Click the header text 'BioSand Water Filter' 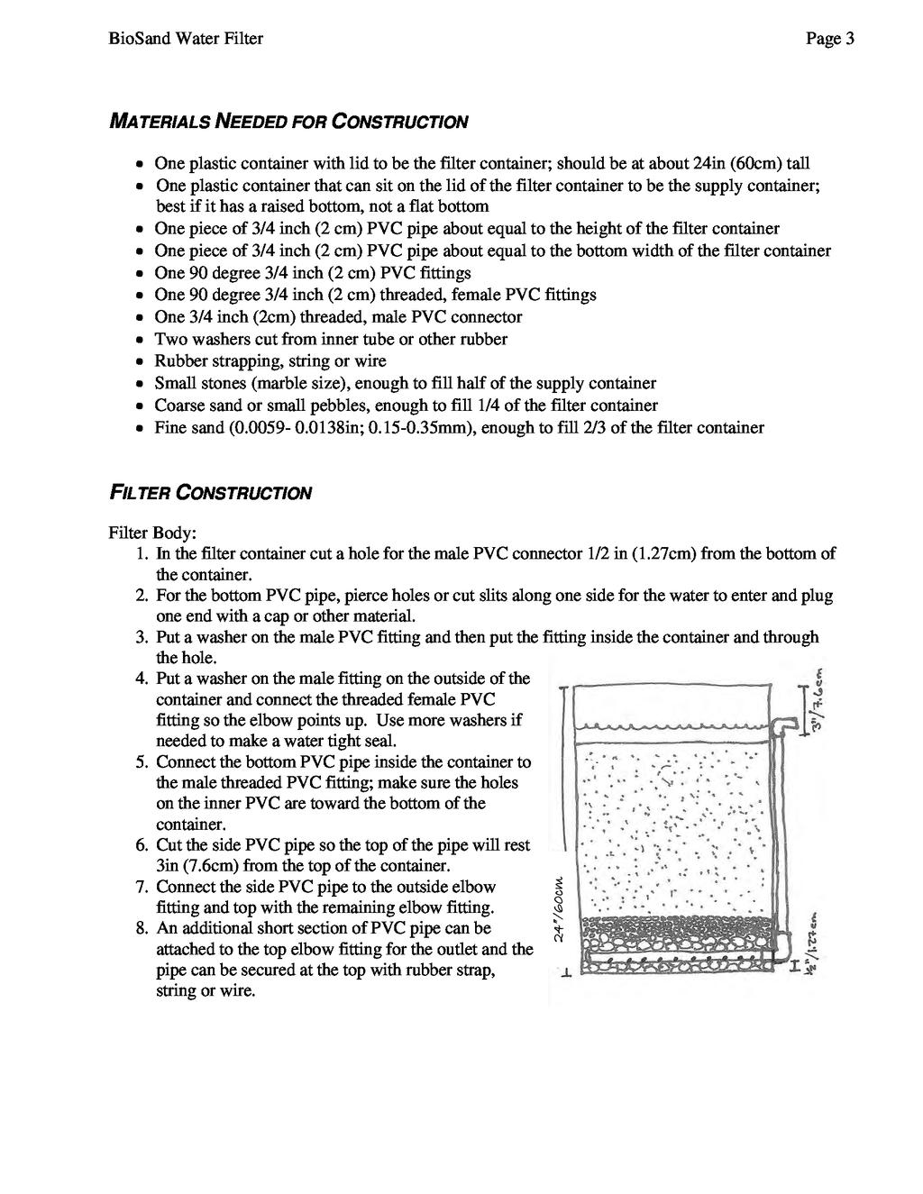[x=186, y=39]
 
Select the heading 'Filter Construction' [x=210, y=494]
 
